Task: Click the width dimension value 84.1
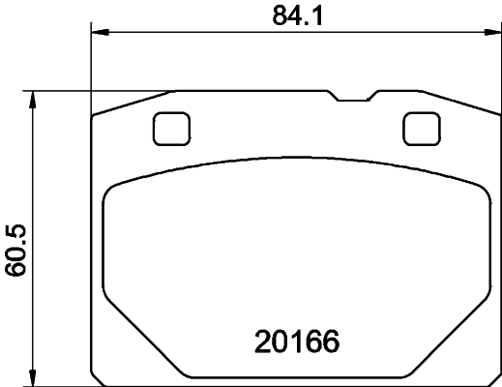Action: point(290,15)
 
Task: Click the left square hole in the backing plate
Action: point(171,128)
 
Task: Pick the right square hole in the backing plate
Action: point(419,128)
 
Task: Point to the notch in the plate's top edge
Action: point(352,98)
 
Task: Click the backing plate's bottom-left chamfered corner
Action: point(96,377)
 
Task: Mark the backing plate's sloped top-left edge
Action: point(131,104)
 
